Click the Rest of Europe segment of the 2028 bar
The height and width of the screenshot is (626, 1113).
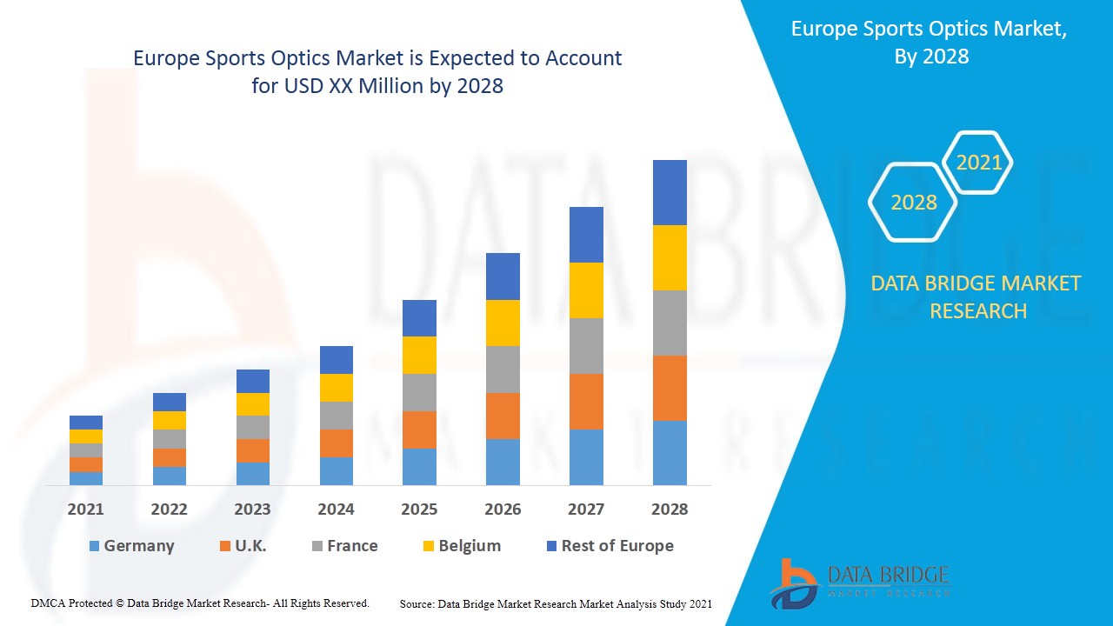670,192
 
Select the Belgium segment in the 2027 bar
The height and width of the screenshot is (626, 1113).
586,290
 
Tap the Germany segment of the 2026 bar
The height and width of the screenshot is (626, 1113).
503,462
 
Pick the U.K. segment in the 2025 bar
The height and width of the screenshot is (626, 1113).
419,430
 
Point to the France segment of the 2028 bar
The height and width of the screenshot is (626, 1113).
670,323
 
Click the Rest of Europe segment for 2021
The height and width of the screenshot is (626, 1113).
86,423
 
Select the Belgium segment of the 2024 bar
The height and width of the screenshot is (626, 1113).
337,388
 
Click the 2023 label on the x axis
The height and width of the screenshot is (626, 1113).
252,509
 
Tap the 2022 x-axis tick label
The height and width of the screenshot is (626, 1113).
169,509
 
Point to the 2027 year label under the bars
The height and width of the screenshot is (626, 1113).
586,509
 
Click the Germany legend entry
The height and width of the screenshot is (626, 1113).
132,546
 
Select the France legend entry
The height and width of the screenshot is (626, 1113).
344,546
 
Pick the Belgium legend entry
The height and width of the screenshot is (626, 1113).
461,546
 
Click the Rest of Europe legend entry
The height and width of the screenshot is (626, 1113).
609,546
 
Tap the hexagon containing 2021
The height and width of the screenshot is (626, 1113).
978,163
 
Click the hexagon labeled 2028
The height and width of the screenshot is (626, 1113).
913,203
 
